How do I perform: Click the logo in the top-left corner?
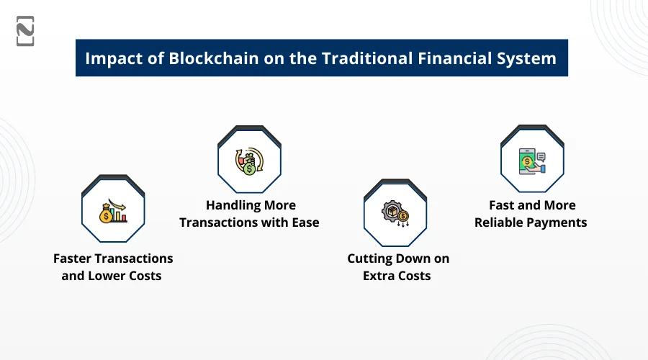pyautogui.click(x=25, y=31)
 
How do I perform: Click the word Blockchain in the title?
pyautogui.click(x=214, y=58)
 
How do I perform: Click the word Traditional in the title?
pyautogui.click(x=367, y=58)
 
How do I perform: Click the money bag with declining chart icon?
pyautogui.click(x=113, y=211)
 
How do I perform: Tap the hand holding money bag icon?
pyautogui.click(x=249, y=161)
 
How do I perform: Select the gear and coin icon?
pyautogui.click(x=395, y=214)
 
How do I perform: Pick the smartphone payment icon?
pyautogui.click(x=532, y=161)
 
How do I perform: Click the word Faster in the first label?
pyautogui.click(x=72, y=258)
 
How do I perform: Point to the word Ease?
pyautogui.click(x=305, y=222)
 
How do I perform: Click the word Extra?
pyautogui.click(x=377, y=276)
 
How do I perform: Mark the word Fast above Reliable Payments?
pyautogui.click(x=502, y=205)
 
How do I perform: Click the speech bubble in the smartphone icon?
pyautogui.click(x=541, y=157)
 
